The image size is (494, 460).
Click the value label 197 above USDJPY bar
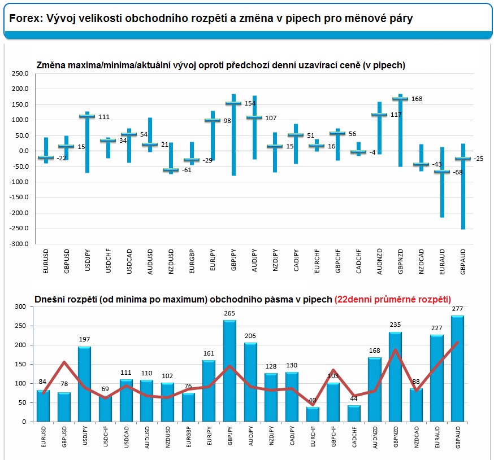(x=85, y=340)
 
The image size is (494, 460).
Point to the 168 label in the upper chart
(x=417, y=99)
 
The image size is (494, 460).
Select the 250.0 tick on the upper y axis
(x=20, y=73)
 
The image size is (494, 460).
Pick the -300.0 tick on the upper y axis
(x=18, y=244)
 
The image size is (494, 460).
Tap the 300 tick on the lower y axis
(x=21, y=306)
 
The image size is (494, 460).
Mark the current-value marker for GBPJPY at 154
(x=233, y=103)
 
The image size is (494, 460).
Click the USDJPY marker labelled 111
(x=87, y=116)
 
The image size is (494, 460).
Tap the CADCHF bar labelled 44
(x=354, y=413)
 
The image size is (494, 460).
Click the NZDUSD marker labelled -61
(x=171, y=170)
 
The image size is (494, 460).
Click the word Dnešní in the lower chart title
(x=49, y=299)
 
